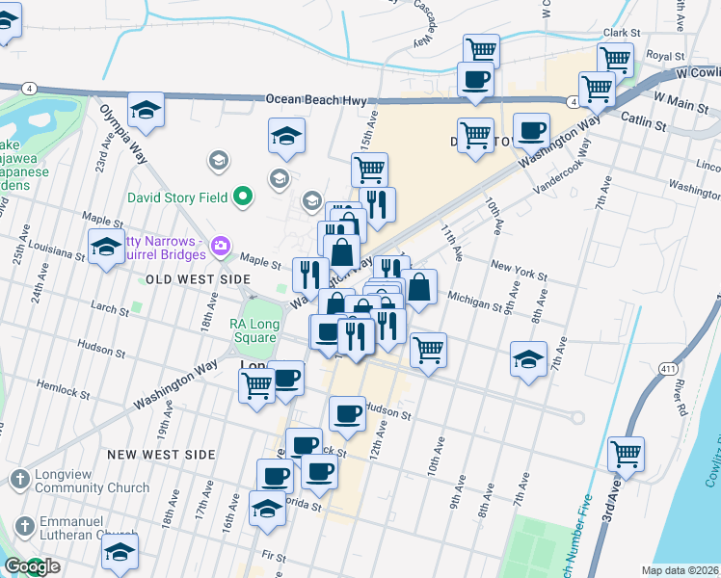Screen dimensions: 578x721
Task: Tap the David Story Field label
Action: coord(177,198)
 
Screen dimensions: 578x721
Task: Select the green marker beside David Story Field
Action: coord(243,198)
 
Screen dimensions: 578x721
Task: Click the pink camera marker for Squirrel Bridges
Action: coord(221,248)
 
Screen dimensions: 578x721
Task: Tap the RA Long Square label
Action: coord(255,330)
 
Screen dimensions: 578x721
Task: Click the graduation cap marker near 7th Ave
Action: coord(528,359)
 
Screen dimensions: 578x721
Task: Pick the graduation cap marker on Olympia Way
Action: coord(146,109)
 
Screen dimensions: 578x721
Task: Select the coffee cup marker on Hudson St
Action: coord(347,413)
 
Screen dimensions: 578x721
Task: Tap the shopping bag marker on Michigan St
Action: coord(419,286)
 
